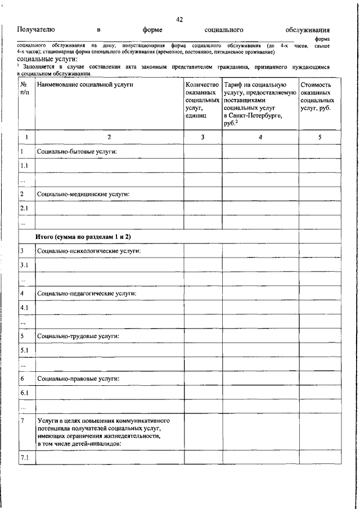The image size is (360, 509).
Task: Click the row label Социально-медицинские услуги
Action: coord(83,194)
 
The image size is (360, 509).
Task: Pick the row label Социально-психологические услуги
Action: coord(88,250)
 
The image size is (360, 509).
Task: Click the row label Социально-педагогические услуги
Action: coord(87,293)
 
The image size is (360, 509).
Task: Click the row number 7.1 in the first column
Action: coord(24,457)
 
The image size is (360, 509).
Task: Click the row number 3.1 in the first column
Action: coord(24,264)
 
